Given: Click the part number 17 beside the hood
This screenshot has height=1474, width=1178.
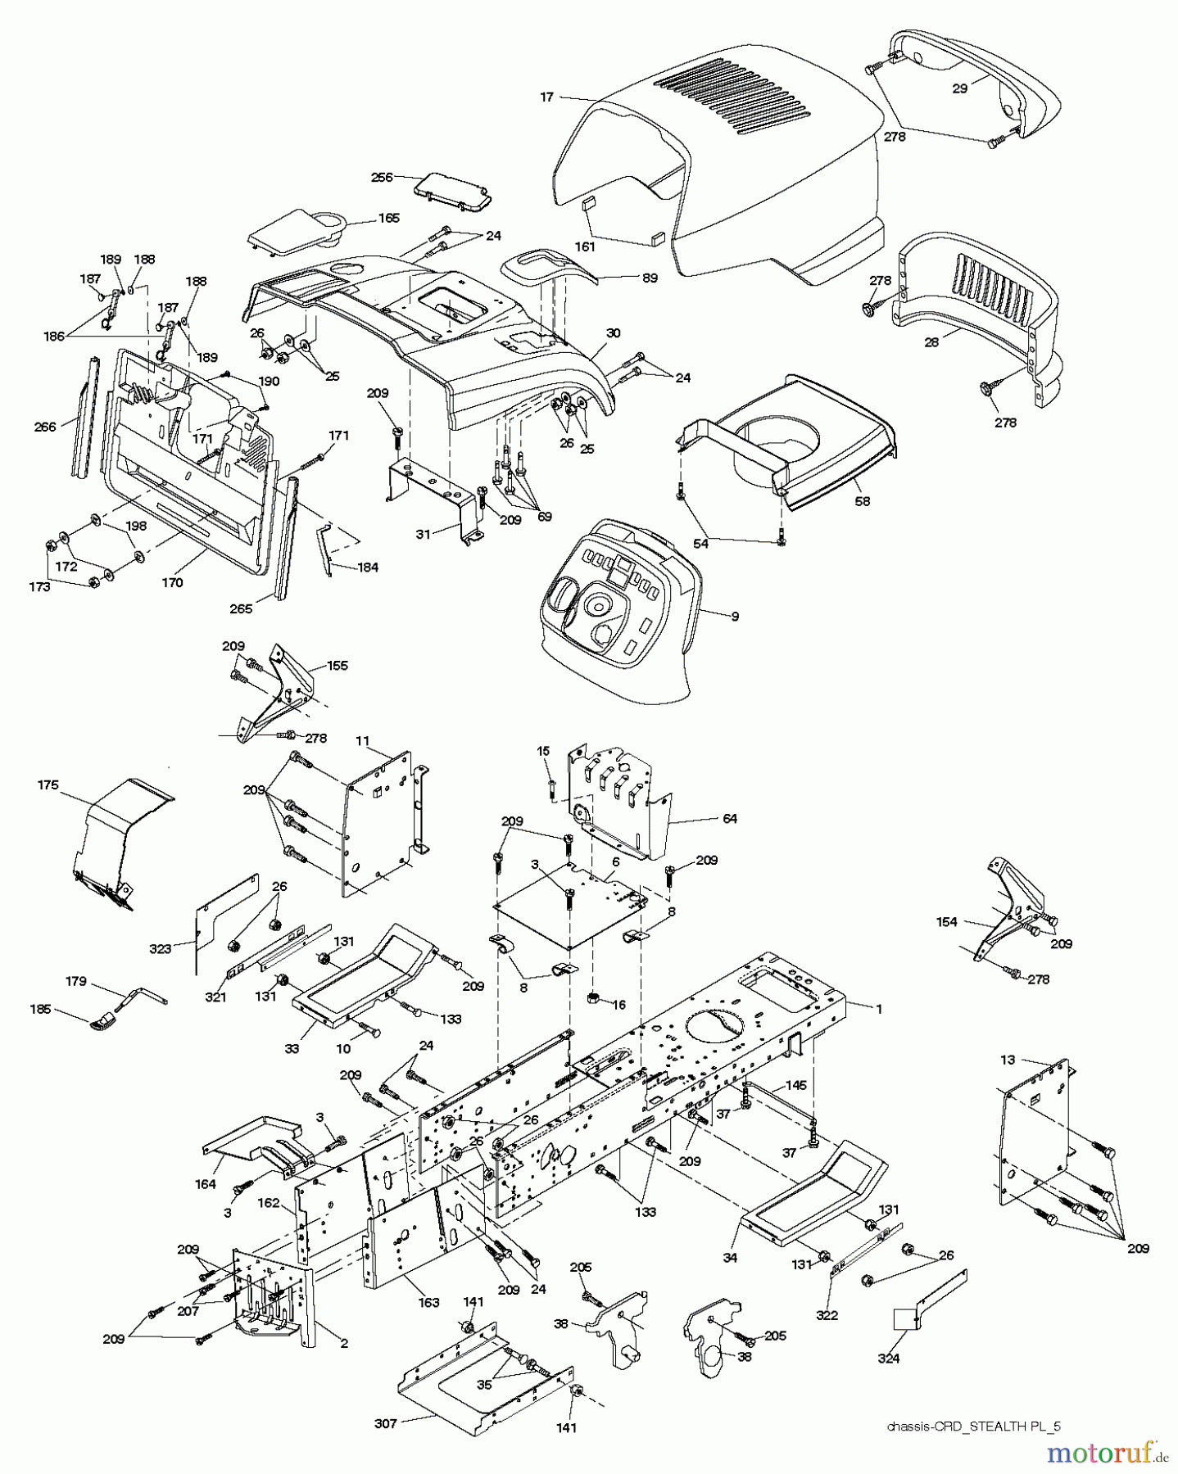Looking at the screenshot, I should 546,97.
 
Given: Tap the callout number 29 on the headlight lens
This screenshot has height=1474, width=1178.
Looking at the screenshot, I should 960,88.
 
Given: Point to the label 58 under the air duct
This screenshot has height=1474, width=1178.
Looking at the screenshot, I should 861,500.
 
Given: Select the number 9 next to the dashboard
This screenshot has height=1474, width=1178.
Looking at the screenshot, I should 734,616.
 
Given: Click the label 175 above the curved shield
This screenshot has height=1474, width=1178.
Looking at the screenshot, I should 48,784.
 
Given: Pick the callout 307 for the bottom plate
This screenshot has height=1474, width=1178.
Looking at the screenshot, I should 386,1423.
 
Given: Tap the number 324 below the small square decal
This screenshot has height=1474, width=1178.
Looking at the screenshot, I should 889,1358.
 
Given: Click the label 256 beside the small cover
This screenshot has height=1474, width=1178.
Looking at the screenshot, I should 382,176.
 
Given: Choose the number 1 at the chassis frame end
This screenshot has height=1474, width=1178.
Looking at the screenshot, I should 879,1009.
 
